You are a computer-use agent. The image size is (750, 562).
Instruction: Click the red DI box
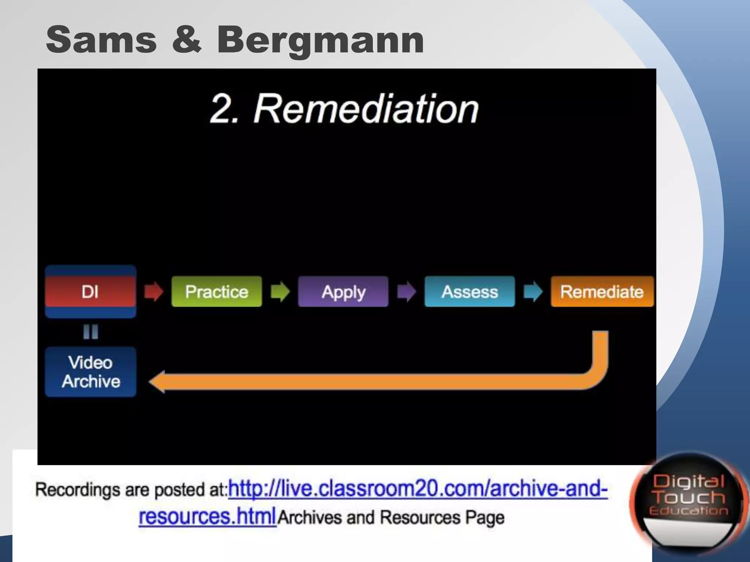pos(90,292)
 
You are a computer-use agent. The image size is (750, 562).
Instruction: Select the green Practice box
pos(216,292)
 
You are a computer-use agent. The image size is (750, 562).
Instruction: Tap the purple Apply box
pos(343,292)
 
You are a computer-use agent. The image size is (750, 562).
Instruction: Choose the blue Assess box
pos(469,292)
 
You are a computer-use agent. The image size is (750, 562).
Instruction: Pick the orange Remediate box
pos(602,292)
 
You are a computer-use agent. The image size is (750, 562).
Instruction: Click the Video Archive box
pos(90,372)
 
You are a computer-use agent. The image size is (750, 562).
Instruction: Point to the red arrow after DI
pos(153,292)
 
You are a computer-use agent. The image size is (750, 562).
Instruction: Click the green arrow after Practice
pos(280,292)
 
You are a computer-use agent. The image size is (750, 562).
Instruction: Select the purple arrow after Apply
pos(406,292)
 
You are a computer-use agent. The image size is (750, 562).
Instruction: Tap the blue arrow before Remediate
pos(533,292)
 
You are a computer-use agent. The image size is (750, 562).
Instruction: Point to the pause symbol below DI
pos(90,332)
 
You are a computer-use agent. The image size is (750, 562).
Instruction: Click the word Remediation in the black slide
pos(366,109)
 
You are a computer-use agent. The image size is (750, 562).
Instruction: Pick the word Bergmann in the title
pos(320,40)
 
